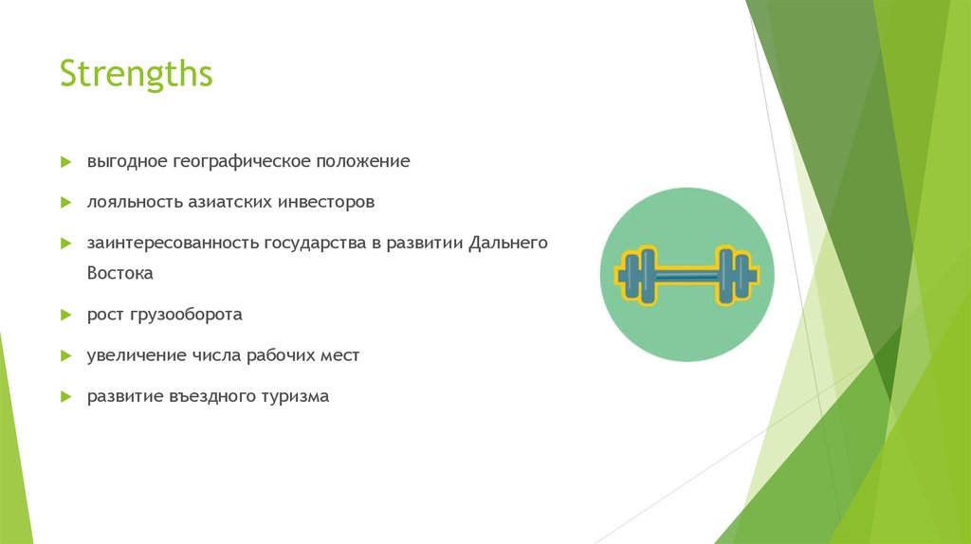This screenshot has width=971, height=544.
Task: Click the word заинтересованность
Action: pyautogui.click(x=174, y=243)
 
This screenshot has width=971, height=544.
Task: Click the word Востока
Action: pyautogui.click(x=120, y=273)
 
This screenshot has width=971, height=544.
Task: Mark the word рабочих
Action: pyautogui.click(x=283, y=355)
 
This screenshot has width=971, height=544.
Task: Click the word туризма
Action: pyautogui.click(x=294, y=396)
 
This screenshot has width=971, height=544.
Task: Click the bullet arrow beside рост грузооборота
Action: pyautogui.click(x=65, y=314)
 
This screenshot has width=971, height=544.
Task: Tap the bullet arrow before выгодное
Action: pyautogui.click(x=65, y=162)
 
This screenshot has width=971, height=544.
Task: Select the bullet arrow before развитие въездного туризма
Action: pyautogui.click(x=65, y=396)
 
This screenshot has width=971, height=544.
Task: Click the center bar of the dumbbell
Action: pyautogui.click(x=687, y=276)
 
